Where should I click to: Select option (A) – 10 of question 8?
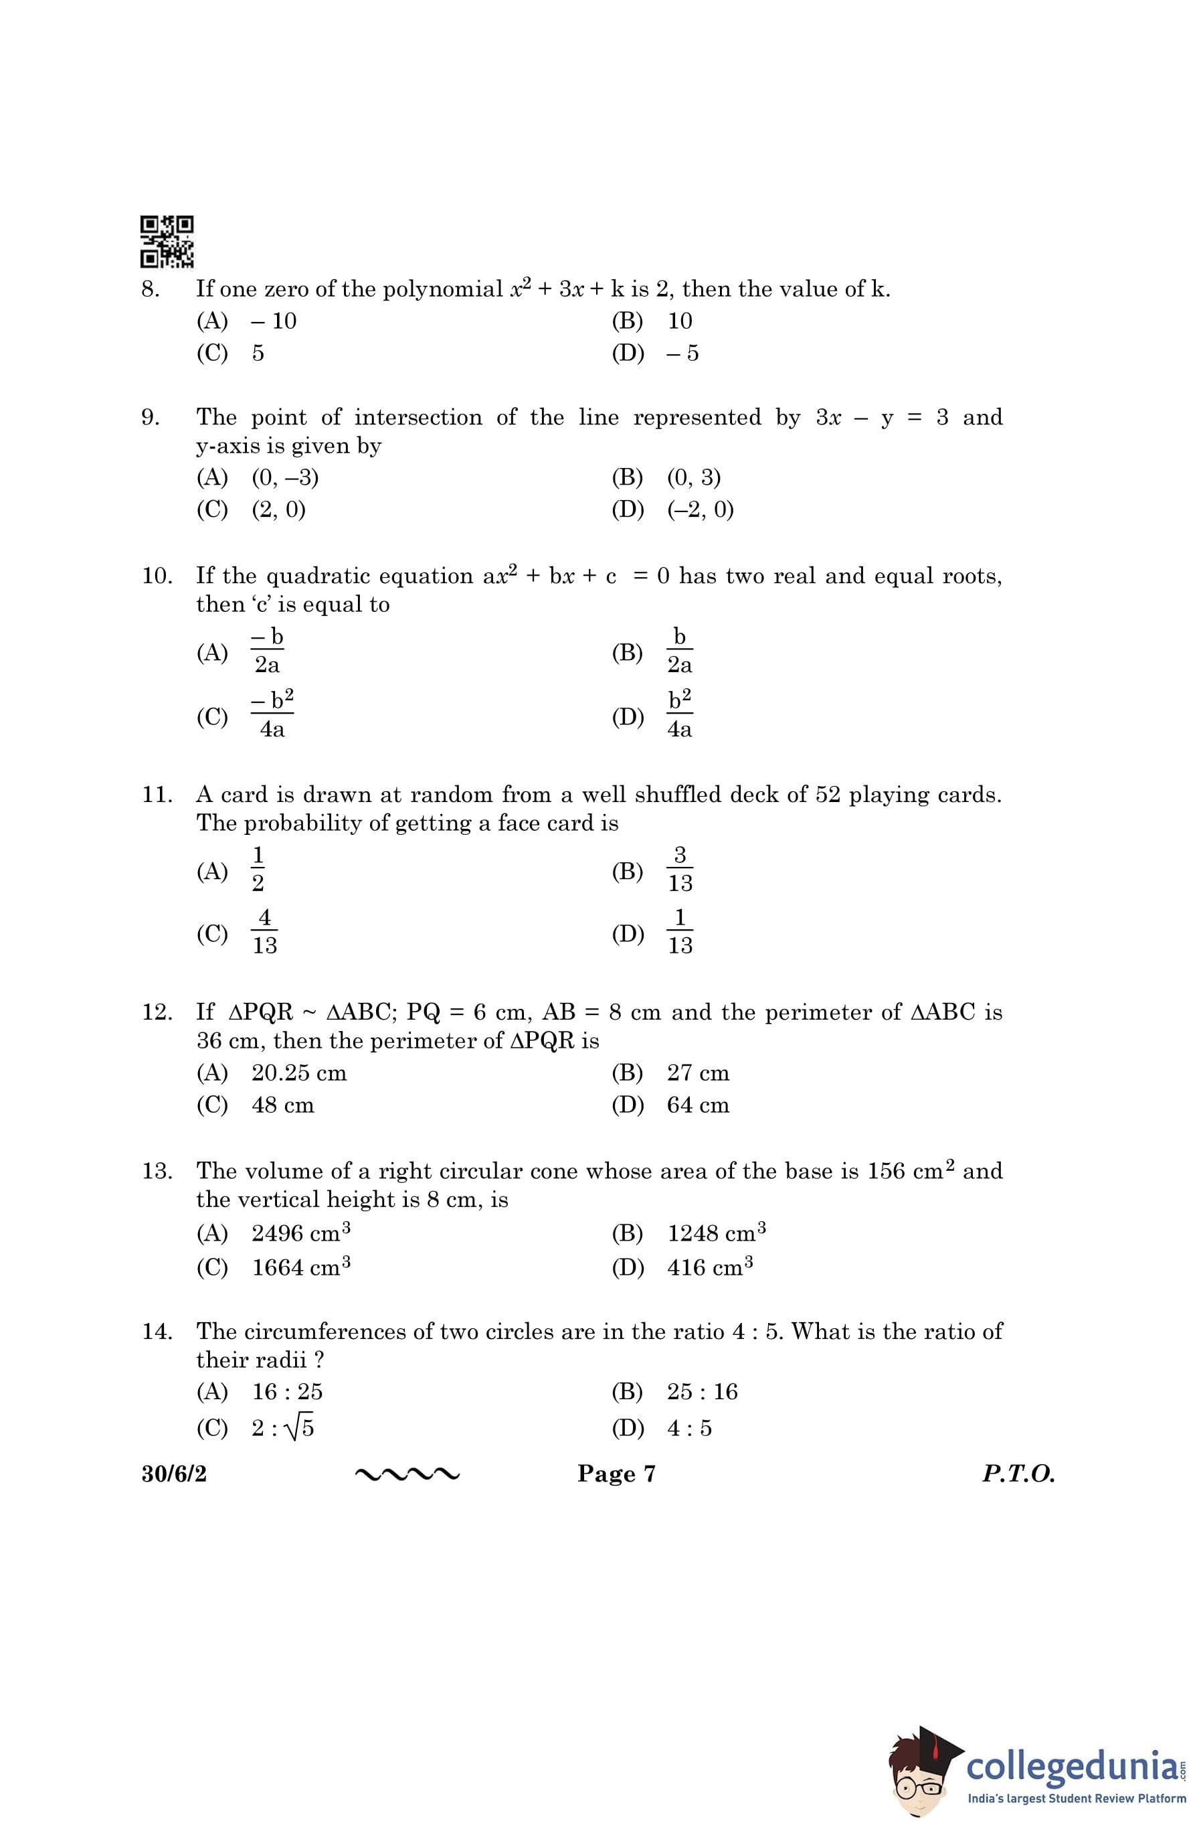(273, 321)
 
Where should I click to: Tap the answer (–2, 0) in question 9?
(700, 509)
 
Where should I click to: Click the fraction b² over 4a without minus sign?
(679, 714)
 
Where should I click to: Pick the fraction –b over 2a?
(267, 650)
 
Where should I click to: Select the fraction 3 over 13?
(680, 870)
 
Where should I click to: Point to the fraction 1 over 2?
(258, 870)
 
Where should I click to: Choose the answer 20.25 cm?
(299, 1073)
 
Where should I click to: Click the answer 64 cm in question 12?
(698, 1105)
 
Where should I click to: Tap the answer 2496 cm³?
(301, 1233)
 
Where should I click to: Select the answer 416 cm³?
(710, 1267)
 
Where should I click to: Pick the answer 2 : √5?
(283, 1427)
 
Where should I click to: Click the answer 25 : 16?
(702, 1391)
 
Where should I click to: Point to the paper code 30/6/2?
(174, 1474)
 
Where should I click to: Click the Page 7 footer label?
(616, 1474)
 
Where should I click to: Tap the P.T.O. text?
(1018, 1474)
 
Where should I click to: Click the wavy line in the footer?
(407, 1474)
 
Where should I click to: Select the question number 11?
(157, 795)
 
